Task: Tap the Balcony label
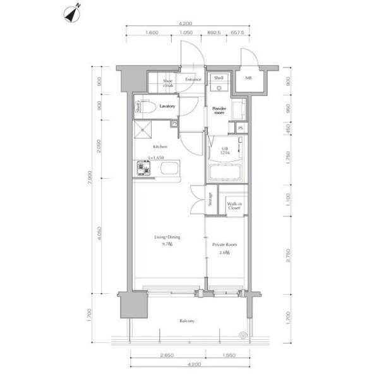[186, 321]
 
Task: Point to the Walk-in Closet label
[234, 205]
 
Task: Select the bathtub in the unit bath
[225, 173]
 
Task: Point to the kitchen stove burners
[142, 169]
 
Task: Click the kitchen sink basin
[169, 169]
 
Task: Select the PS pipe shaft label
[240, 128]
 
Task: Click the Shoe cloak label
[168, 83]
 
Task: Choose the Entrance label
[193, 80]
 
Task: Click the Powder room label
[219, 110]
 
